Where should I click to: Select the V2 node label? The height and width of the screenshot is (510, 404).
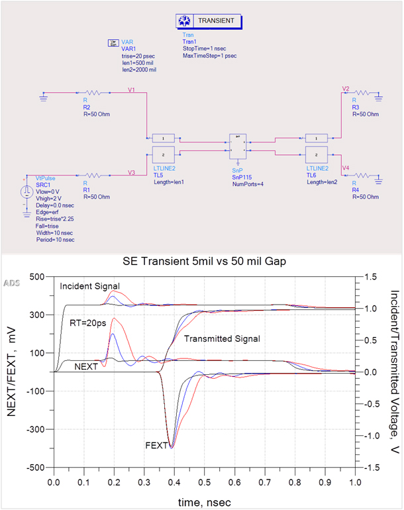[345, 88]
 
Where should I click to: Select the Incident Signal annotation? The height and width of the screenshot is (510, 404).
[89, 285]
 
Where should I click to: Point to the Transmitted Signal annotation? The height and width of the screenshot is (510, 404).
[222, 338]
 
